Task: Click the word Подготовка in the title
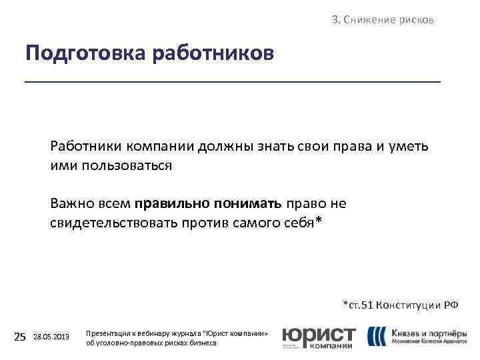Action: pyautogui.click(x=86, y=53)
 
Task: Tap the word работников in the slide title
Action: pyautogui.click(x=213, y=53)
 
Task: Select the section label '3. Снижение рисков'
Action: pyautogui.click(x=383, y=20)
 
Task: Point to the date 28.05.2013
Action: pyautogui.click(x=51, y=337)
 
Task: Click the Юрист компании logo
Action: pyautogui.click(x=319, y=337)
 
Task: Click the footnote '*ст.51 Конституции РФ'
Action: pyautogui.click(x=400, y=305)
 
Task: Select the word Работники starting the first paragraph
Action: pyautogui.click(x=83, y=146)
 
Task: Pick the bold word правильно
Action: pyautogui.click(x=169, y=203)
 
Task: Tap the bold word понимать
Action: pyautogui.click(x=246, y=203)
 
